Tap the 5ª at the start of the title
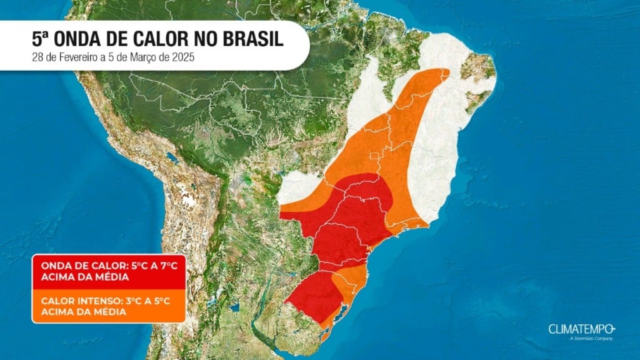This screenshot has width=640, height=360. (x=41, y=39)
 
